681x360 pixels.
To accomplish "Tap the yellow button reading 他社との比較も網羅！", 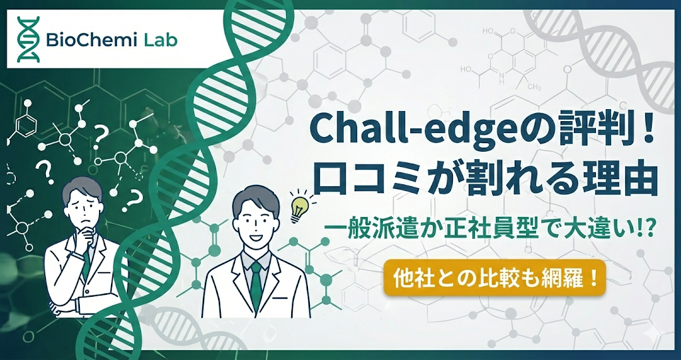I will coord(495,276).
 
